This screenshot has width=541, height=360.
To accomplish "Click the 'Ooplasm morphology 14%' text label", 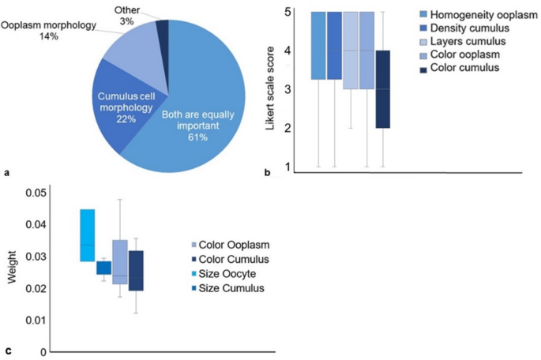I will click(48, 32).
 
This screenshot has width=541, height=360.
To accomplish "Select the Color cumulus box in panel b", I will click(384, 88).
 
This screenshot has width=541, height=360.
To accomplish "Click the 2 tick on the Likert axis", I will click(289, 128).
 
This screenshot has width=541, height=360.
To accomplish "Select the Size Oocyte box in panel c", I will click(87, 235).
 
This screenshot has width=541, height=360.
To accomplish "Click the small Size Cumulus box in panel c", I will click(103, 268).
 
